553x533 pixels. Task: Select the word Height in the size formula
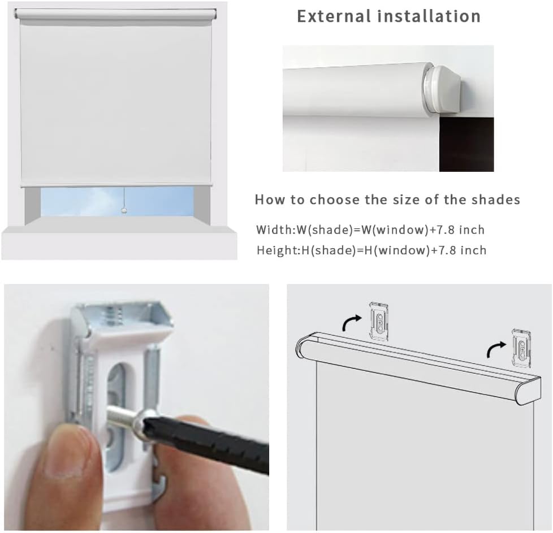[275, 250]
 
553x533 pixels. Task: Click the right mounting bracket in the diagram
[521, 346]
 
